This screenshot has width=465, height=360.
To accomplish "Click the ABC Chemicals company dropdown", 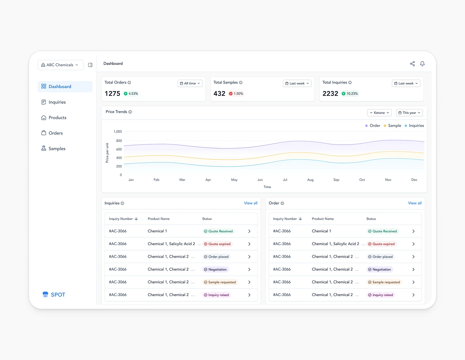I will click(60, 65).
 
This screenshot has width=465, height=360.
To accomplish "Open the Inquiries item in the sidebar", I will click(57, 102).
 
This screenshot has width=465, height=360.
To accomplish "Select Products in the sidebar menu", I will click(57, 118).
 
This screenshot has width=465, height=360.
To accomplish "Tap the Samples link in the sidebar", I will click(57, 148).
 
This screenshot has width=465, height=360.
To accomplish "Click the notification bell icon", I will click(422, 64).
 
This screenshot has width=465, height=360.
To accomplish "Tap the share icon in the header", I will click(412, 64).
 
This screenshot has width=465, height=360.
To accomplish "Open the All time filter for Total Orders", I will click(190, 83).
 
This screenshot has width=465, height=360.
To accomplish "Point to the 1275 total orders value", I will click(112, 93).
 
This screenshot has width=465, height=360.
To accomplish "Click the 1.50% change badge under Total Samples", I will click(236, 93).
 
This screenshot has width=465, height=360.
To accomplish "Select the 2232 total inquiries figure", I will click(330, 93).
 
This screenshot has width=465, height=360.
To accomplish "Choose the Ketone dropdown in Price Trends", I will click(379, 113).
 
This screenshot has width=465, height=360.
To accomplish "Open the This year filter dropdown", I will click(409, 113).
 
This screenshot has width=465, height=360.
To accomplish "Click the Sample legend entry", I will click(394, 126).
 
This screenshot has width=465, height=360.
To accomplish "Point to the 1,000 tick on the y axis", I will click(118, 132).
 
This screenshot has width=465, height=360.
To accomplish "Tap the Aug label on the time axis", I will click(310, 180).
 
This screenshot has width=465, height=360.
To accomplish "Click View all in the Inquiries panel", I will click(250, 203).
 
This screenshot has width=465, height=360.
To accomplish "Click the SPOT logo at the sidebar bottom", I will click(54, 295).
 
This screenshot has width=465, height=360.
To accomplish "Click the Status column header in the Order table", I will click(371, 219).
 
